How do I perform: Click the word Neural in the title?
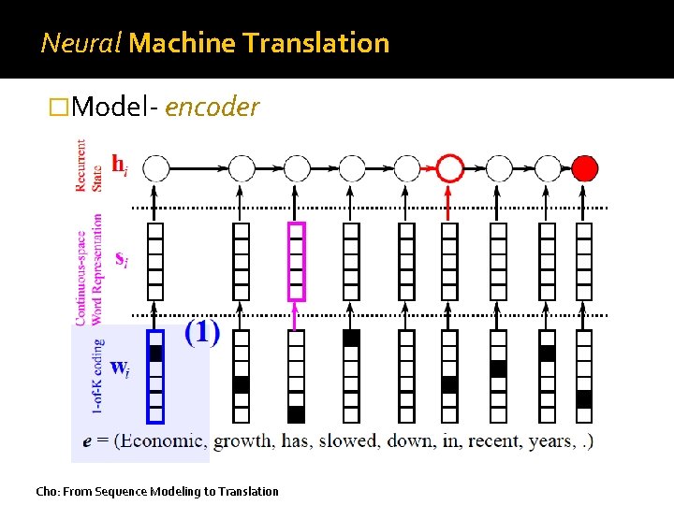pyautogui.click(x=81, y=43)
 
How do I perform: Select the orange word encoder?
pyautogui.click(x=211, y=108)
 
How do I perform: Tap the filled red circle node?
pyautogui.click(x=584, y=168)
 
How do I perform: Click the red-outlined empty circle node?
pyautogui.click(x=450, y=168)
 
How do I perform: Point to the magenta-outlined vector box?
pyautogui.click(x=296, y=262)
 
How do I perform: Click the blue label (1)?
pyautogui.click(x=202, y=332)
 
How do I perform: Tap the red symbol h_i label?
pyautogui.click(x=120, y=166)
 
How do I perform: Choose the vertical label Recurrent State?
pyautogui.click(x=89, y=166)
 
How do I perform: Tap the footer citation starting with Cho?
pyautogui.click(x=156, y=491)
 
